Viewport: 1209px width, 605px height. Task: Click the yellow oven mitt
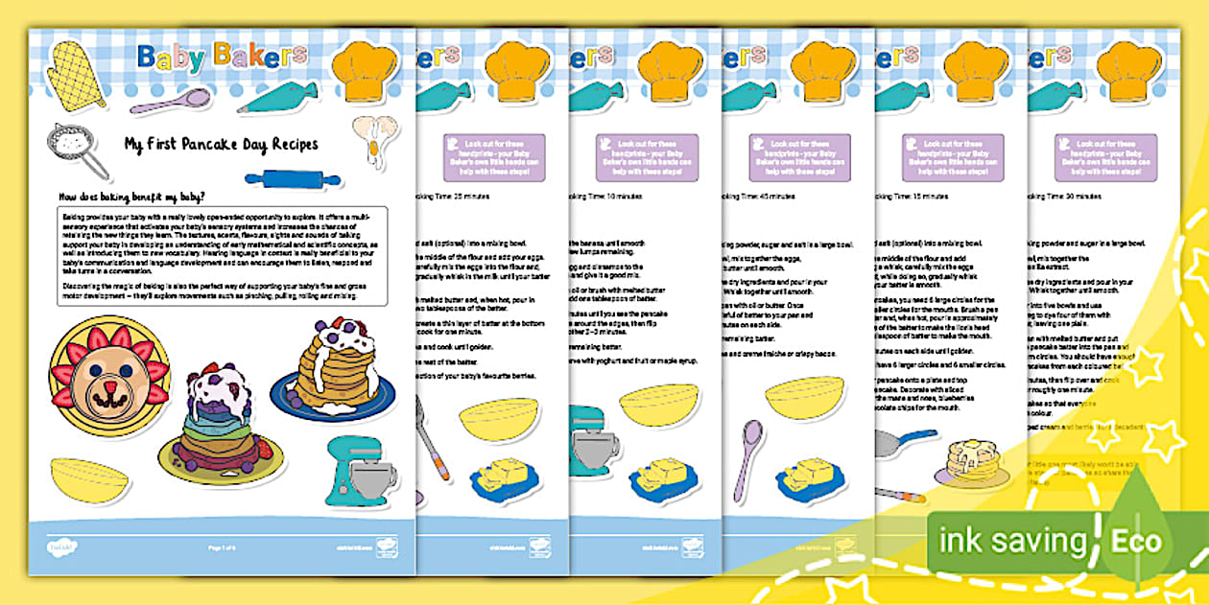[76, 73]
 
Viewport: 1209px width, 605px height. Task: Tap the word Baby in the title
[172, 58]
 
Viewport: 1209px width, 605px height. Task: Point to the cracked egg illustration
[373, 134]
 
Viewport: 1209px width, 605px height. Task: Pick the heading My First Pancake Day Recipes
[221, 145]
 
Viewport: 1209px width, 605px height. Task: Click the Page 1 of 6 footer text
[222, 547]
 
